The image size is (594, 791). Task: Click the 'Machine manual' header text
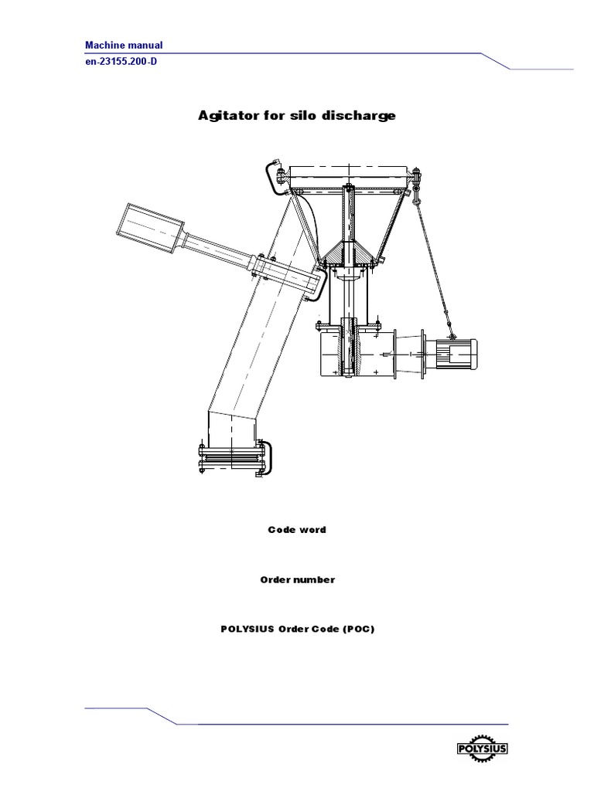123,46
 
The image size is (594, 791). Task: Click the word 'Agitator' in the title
220,117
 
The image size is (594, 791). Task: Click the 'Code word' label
296,530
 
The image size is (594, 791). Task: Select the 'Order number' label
296,579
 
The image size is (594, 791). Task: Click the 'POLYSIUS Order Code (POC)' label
297,629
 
